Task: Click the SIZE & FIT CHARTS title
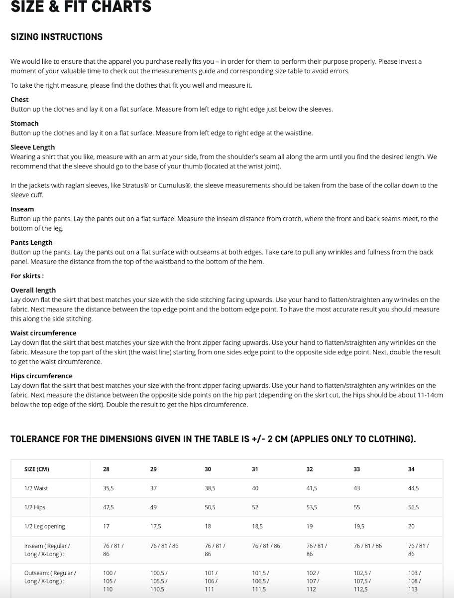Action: pos(81,7)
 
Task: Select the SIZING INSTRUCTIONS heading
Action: pos(56,37)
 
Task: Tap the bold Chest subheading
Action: pos(19,100)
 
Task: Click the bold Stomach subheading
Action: pos(24,124)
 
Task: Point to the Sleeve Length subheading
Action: pos(33,148)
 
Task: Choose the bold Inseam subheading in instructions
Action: pos(22,209)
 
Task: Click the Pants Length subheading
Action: pos(31,243)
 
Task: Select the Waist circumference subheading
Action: pos(43,333)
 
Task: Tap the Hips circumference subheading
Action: pos(41,376)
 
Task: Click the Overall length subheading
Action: pos(33,290)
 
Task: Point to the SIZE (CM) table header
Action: pos(37,469)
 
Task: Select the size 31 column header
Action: pos(255,469)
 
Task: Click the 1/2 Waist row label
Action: pos(36,488)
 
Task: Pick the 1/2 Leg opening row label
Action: pos(44,526)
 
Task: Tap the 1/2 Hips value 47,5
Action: pos(109,507)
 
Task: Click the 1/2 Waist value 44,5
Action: pos(413,488)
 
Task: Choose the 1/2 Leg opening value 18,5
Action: pos(257,526)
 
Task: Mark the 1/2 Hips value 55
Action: pos(357,507)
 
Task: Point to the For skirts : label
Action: pos(27,276)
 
